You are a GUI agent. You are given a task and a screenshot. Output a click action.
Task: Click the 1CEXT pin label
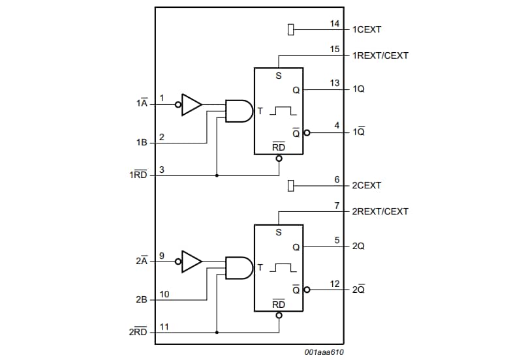pos(367,29)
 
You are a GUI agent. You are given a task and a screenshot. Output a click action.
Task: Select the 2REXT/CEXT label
pos(380,211)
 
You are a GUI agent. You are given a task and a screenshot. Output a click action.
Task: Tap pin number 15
pos(335,50)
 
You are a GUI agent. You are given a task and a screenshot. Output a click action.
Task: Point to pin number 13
pos(335,83)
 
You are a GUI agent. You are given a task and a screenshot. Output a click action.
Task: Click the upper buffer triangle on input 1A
pos(191,104)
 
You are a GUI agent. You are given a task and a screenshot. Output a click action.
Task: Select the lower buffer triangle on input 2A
pos(191,262)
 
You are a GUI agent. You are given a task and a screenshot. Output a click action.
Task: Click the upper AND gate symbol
pos(239,111)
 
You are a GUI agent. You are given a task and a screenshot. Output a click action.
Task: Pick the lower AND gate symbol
pos(239,268)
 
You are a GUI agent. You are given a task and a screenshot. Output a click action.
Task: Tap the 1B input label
pos(142,142)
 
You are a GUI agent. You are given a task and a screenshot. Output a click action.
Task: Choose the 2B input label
pos(142,300)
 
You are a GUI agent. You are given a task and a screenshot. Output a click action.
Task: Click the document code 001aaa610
pos(324,352)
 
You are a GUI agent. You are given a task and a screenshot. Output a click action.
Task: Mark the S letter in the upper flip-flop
pos(279,76)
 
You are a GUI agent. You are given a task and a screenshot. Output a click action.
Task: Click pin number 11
pos(164,327)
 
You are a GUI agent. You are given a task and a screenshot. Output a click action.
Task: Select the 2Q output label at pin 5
pos(358,247)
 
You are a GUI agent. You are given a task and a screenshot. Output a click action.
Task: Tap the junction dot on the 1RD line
pos(216,175)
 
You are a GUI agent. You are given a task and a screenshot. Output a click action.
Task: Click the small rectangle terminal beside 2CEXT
pos(291,186)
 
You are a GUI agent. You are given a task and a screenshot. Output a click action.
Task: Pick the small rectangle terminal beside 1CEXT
pos(291,29)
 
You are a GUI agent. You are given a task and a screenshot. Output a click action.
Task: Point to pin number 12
pos(335,284)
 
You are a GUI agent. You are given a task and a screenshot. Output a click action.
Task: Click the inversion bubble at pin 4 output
pos(307,132)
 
